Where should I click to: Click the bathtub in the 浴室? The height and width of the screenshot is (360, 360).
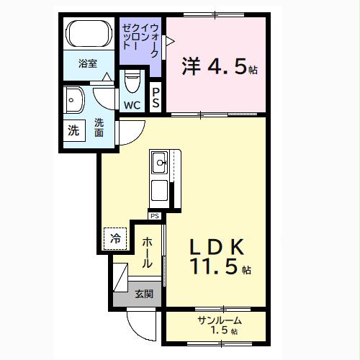click(88, 35)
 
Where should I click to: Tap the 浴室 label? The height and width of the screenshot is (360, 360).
click(89, 63)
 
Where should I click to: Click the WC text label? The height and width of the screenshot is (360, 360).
click(132, 105)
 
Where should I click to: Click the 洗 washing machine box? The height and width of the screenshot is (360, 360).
click(74, 131)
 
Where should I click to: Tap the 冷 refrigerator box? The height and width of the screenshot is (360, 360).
click(115, 237)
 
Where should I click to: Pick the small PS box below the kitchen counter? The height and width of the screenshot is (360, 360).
click(154, 215)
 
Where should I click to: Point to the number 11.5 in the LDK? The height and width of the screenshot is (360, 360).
click(214, 268)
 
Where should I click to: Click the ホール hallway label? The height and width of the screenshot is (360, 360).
click(147, 253)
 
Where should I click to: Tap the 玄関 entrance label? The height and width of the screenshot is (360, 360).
click(143, 294)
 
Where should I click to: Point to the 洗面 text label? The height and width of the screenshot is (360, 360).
click(99, 127)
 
